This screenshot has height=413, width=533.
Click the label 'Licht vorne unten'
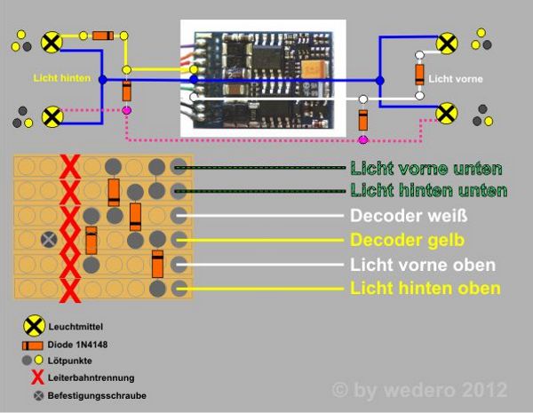click(426, 168)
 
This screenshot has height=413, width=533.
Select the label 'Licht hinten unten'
click(429, 190)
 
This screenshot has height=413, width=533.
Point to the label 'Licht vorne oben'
click(422, 265)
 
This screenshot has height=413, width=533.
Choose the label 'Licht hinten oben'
click(426, 289)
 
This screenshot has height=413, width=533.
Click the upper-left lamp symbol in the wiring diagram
click(52, 41)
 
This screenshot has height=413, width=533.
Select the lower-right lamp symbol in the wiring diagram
click(448, 113)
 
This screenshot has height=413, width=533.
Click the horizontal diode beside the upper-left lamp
click(104, 36)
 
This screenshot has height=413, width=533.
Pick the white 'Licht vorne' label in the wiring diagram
click(456, 79)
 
